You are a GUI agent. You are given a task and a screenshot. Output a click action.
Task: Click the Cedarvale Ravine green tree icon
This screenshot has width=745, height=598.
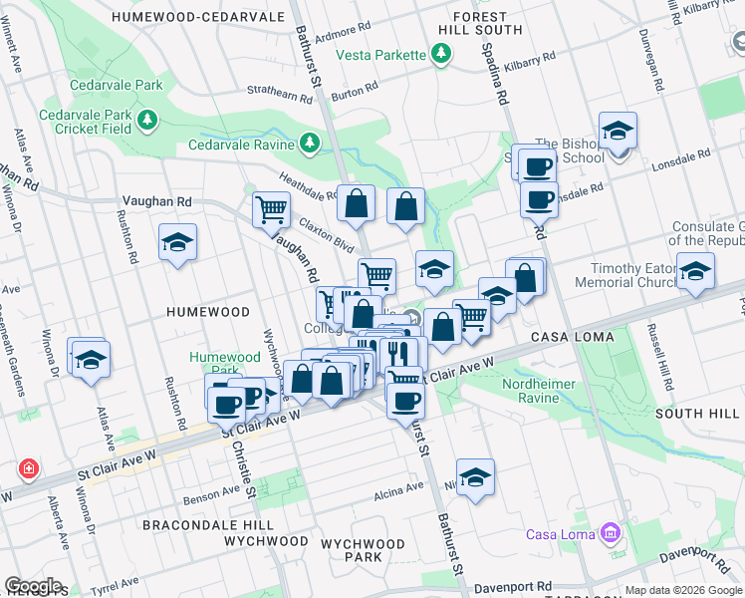click(x=310, y=144)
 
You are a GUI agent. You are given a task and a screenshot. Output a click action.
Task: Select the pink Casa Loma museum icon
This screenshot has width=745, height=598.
click(x=609, y=534)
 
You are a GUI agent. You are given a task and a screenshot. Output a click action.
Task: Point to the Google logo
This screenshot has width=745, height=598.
click(x=33, y=586)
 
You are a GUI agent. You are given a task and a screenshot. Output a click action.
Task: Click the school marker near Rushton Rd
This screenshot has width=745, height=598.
click(x=178, y=242)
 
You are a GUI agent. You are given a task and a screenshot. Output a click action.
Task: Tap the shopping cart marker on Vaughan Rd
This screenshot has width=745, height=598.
click(x=271, y=209)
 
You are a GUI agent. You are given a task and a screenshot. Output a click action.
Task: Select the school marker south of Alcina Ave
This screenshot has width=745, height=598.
click(x=476, y=476)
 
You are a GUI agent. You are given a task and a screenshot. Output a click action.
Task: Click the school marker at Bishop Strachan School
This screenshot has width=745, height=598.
click(x=618, y=131)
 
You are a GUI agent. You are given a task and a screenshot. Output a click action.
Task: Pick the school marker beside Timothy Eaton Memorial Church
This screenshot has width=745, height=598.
click(x=695, y=270)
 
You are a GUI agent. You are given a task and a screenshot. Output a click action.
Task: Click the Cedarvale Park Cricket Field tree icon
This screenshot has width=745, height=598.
click(x=148, y=121)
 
